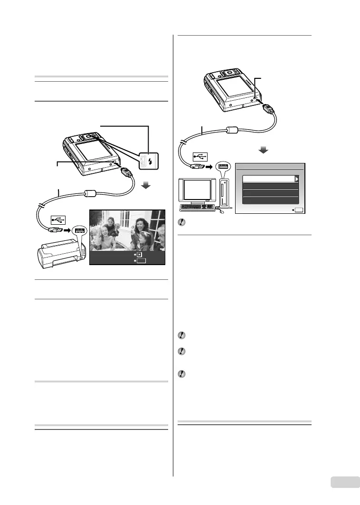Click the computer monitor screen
coord(198,190)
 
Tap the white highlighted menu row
coord(269,179)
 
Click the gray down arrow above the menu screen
coord(263,150)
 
